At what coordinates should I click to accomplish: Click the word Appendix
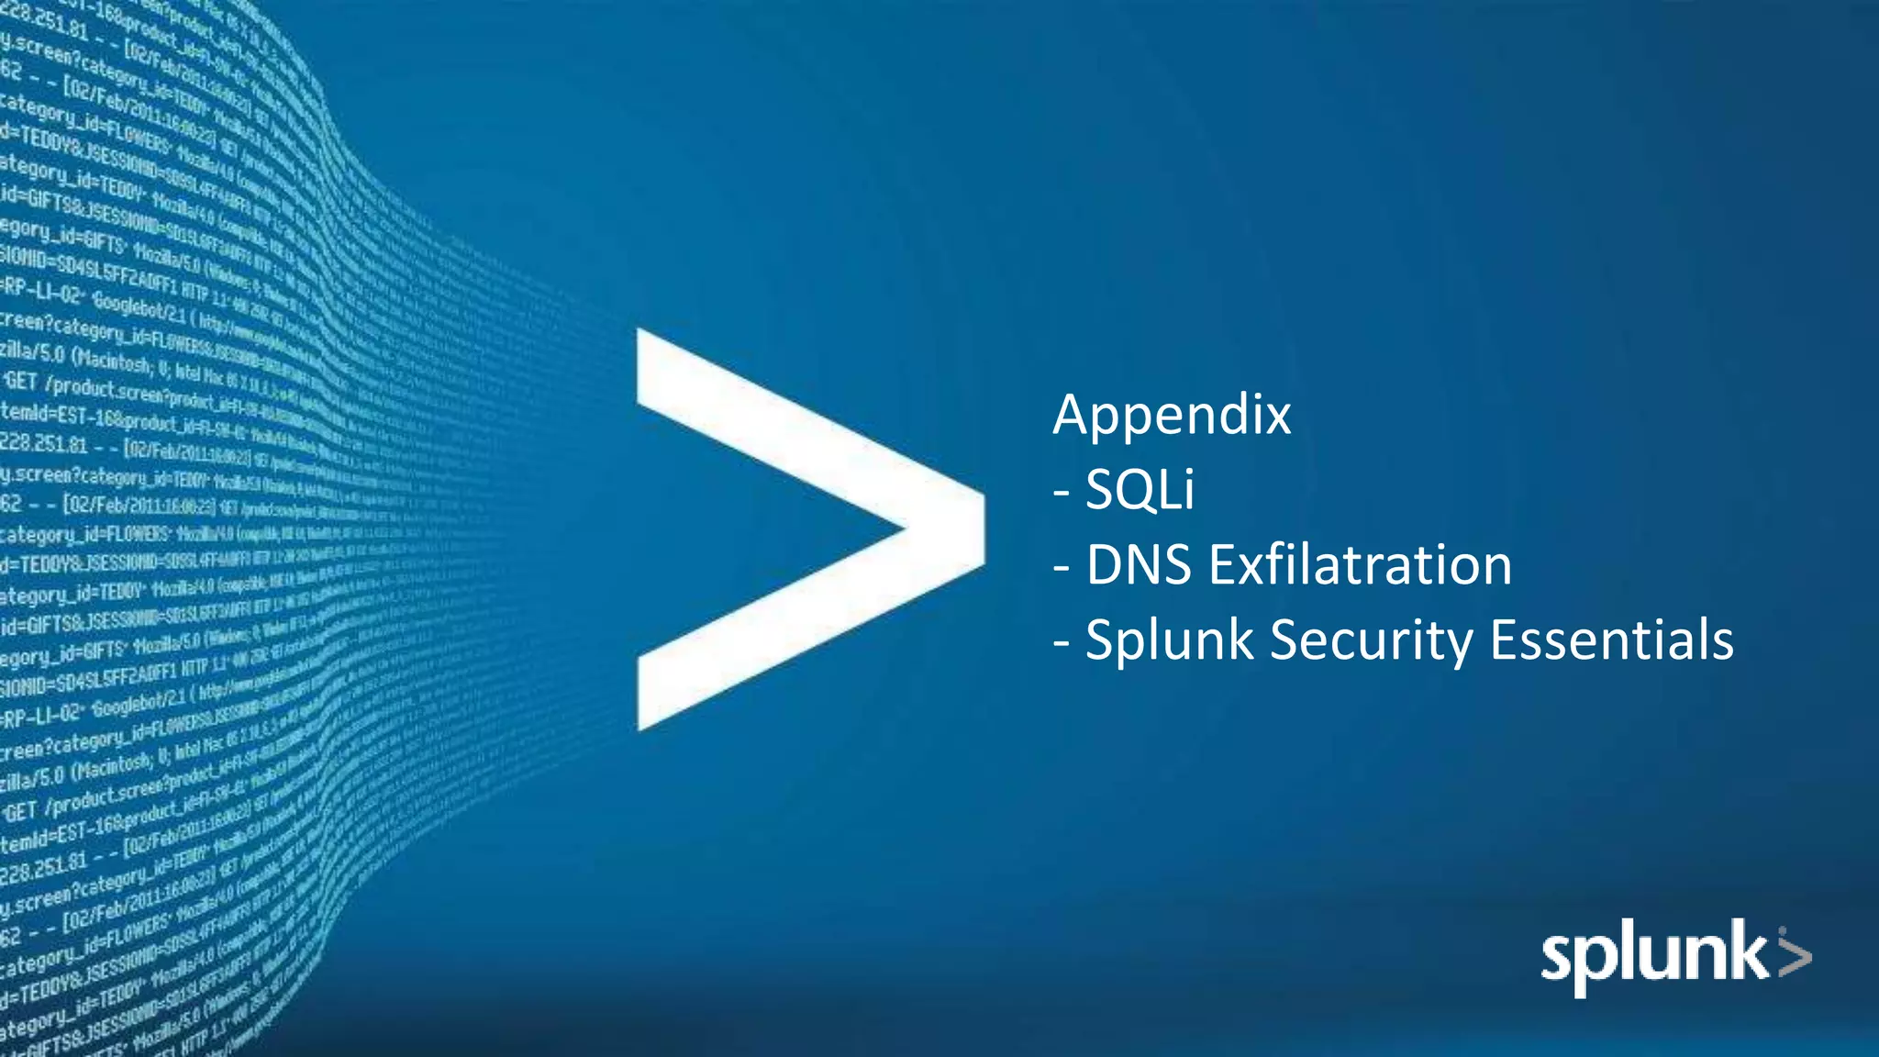(x=1172, y=416)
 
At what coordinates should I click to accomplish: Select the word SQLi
(x=1140, y=490)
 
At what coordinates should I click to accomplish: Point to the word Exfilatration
(x=1360, y=564)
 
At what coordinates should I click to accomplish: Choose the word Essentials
(x=1611, y=640)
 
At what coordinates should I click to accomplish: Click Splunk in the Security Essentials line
(x=1169, y=640)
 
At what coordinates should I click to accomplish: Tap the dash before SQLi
(x=1062, y=493)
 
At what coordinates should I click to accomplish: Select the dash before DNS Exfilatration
(x=1062, y=568)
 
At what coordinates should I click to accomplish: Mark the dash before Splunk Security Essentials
(x=1062, y=642)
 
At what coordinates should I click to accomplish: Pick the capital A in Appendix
(x=1073, y=416)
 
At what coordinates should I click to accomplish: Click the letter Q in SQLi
(x=1139, y=490)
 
